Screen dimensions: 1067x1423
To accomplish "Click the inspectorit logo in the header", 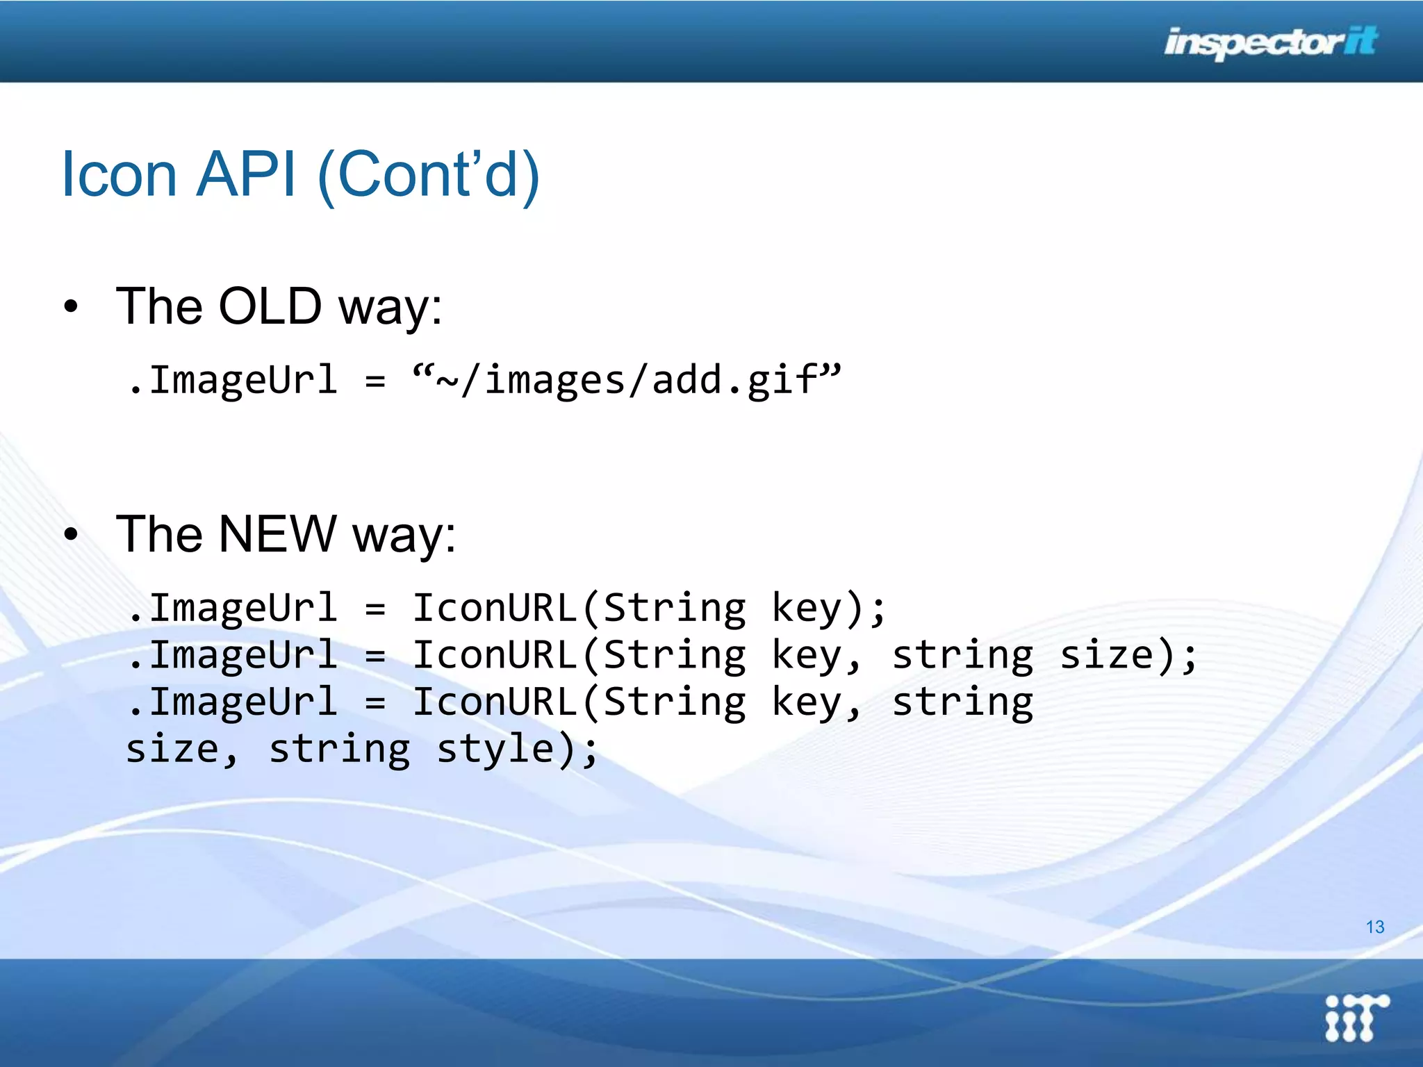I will coord(1270,43).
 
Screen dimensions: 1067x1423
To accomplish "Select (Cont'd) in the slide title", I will coord(428,175).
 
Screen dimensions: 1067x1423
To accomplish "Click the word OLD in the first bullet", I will coord(270,306).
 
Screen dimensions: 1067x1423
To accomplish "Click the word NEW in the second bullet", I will coord(277,534).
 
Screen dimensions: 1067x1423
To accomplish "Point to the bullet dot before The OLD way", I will coord(71,307).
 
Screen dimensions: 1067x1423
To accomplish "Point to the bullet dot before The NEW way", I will coord(71,535).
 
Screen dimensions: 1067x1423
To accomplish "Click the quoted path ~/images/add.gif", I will coord(626,381).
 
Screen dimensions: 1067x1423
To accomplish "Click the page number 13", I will coord(1374,927).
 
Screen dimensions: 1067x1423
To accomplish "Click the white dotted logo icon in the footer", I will coord(1356,1018).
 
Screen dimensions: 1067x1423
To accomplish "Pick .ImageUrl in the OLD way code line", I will coord(233,381).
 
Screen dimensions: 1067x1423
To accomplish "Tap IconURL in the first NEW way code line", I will coord(495,609).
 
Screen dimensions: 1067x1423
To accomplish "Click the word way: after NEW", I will coord(404,536).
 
